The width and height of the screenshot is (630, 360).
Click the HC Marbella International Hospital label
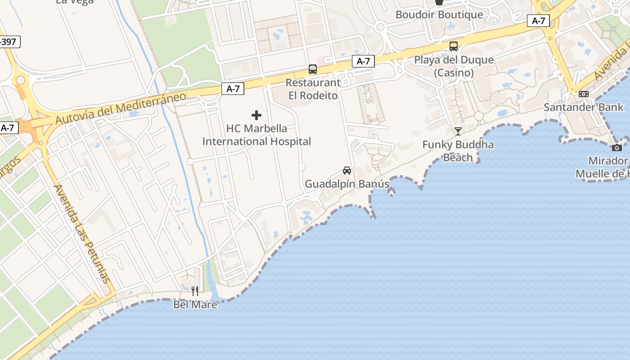pyautogui.click(x=256, y=135)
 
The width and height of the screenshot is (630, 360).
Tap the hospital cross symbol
pyautogui.click(x=256, y=116)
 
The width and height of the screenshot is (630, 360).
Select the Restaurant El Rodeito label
pyautogui.click(x=313, y=89)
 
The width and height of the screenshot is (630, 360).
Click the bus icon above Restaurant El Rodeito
pyautogui.click(x=313, y=69)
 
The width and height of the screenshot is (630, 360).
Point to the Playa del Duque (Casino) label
pyautogui.click(x=454, y=66)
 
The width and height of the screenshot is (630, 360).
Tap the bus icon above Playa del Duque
pyautogui.click(x=454, y=46)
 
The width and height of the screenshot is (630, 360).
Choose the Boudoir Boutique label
pyautogui.click(x=439, y=15)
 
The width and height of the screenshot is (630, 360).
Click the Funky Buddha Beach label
pyautogui.click(x=458, y=151)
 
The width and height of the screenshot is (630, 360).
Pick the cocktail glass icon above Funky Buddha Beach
pyautogui.click(x=458, y=131)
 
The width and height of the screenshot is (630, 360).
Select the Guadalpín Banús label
pyautogui.click(x=347, y=184)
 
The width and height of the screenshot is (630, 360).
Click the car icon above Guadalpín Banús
pyautogui.click(x=347, y=171)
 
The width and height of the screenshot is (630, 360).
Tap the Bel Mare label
pyautogui.click(x=195, y=305)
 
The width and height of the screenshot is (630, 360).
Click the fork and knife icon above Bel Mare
pyautogui.click(x=195, y=291)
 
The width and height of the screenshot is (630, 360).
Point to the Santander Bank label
pyautogui.click(x=584, y=108)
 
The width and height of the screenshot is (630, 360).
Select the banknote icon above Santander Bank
pyautogui.click(x=584, y=94)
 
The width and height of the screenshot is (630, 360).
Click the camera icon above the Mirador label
pyautogui.click(x=617, y=148)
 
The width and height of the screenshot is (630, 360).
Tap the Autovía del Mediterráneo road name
pyautogui.click(x=121, y=108)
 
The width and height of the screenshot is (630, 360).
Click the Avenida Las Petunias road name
pyautogui.click(x=81, y=234)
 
